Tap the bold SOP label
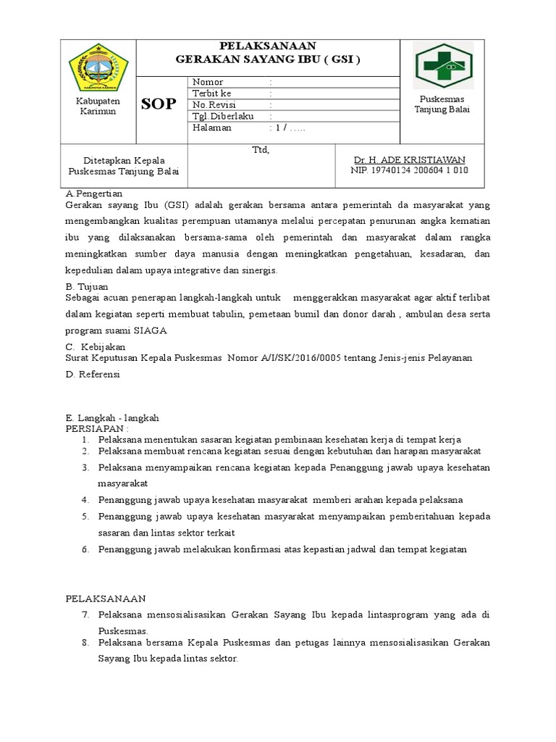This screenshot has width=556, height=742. pos(159,104)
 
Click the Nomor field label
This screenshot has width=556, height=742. pos(208,82)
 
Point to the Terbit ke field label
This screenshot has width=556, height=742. pos(212,93)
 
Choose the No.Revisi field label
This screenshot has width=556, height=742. pos(213,104)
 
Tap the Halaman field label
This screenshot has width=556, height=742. pos(212,128)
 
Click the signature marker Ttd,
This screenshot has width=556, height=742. pos(260,150)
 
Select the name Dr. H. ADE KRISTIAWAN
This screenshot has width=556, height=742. pos(409,159)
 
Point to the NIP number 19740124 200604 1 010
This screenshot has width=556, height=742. pos(409,170)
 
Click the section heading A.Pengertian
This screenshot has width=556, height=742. pos(94,193)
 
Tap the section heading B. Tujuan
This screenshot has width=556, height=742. pos(87,286)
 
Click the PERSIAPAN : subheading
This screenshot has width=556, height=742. pos(97,428)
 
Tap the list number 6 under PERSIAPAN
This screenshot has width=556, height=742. pos(85,549)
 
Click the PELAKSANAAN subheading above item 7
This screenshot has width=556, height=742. pos(106,599)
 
